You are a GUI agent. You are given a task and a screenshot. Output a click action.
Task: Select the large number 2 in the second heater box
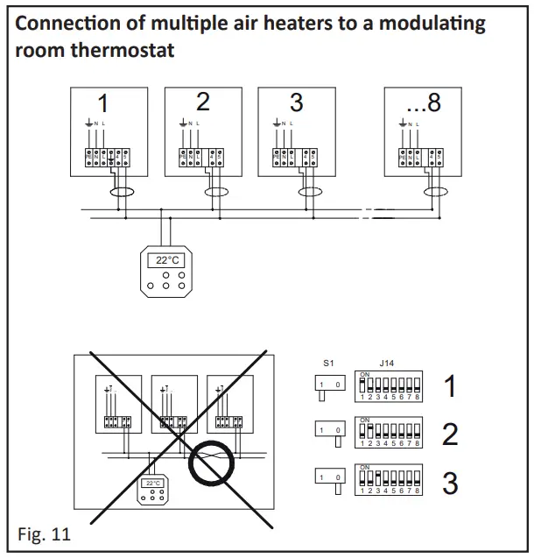[x=203, y=102]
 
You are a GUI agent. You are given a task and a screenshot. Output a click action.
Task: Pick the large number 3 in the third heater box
[x=296, y=102]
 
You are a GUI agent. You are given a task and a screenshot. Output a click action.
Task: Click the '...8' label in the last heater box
[x=424, y=102]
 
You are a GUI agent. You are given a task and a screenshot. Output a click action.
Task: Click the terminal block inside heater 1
[x=107, y=157]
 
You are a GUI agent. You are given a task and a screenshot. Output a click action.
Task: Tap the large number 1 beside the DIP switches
[x=451, y=385]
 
